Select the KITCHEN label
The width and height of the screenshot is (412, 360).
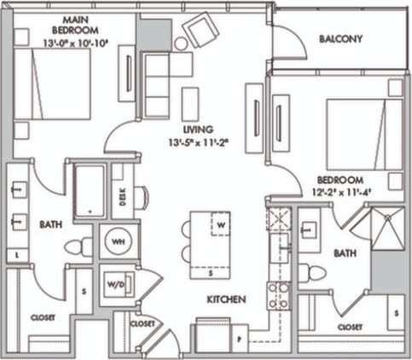click(x=226, y=299)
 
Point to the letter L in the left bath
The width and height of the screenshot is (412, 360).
click(x=18, y=255)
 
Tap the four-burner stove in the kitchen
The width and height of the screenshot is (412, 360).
click(x=277, y=295)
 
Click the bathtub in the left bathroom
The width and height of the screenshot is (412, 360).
click(x=90, y=191)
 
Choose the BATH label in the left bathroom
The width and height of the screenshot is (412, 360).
click(x=50, y=224)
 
